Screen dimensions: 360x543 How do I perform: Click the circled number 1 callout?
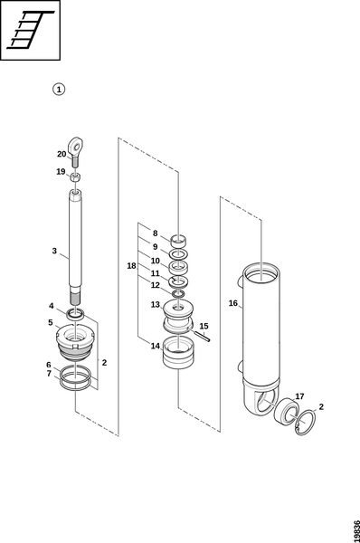(x=59, y=90)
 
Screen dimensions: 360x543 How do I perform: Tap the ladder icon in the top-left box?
(x=31, y=30)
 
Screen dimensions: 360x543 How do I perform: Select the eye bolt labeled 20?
(x=76, y=151)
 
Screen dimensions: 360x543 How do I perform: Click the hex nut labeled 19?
(x=75, y=177)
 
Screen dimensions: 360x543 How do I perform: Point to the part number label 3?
(x=54, y=251)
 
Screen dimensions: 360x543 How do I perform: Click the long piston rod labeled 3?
(x=75, y=247)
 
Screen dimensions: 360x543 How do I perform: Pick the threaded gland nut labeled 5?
(x=75, y=341)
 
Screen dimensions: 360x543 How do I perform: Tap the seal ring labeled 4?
(x=75, y=313)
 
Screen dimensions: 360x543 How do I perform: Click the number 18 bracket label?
(x=131, y=266)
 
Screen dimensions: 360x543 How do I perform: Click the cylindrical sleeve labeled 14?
(x=178, y=353)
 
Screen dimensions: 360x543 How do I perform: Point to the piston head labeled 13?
(x=178, y=317)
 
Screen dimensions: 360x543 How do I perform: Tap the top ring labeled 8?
(x=178, y=241)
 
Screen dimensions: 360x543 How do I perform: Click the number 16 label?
(x=233, y=303)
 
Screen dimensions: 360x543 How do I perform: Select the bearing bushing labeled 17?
(x=286, y=412)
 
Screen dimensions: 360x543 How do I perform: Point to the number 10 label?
(x=155, y=261)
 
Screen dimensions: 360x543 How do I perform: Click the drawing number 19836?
(x=356, y=529)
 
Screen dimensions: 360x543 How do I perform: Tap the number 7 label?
(x=49, y=374)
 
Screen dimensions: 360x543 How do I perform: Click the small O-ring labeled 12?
(x=178, y=294)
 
